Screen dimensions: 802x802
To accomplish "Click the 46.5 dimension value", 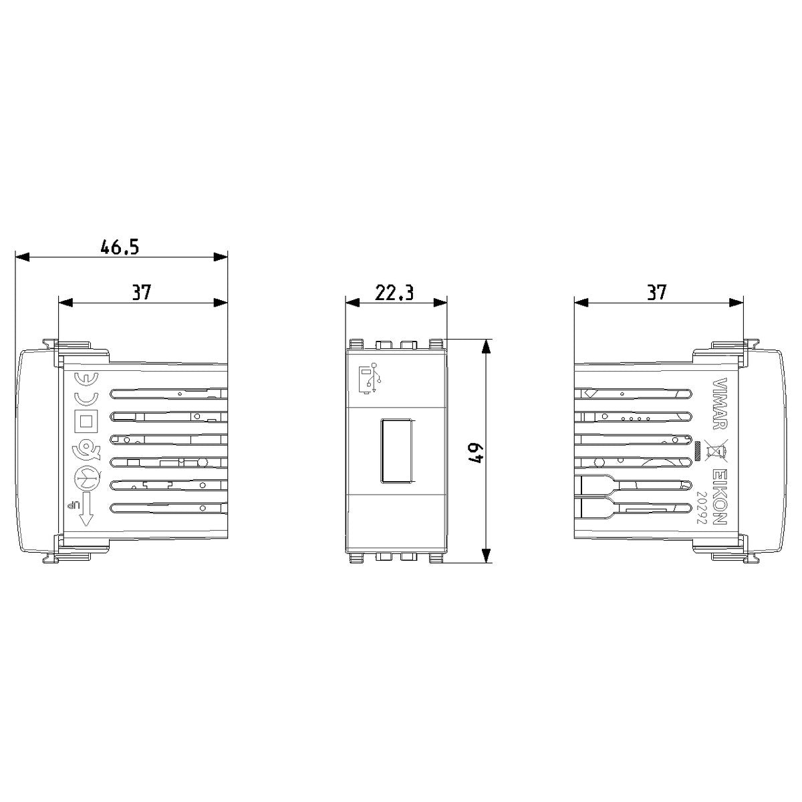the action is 120,247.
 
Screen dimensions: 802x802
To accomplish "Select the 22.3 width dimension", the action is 394,293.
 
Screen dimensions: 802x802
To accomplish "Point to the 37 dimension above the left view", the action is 141,293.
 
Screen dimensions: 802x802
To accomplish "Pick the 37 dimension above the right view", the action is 656,292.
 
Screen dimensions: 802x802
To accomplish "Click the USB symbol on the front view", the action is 371,378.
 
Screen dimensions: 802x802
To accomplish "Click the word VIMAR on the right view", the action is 720,404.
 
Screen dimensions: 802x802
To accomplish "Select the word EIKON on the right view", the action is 720,497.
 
